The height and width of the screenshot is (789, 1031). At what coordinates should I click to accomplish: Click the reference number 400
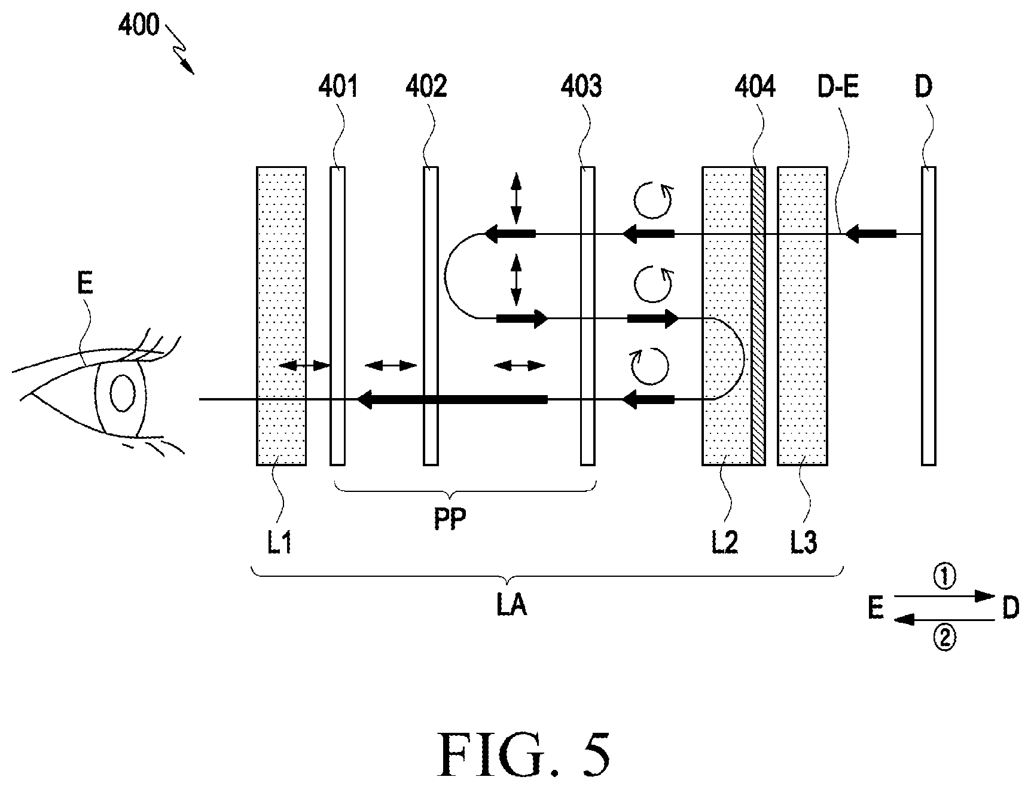pos(138,26)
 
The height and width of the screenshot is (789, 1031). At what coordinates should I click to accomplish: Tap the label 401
pos(338,87)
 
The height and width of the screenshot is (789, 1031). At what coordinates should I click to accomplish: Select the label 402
pos(426,87)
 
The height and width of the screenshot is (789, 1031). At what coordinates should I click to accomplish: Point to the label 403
pos(581,87)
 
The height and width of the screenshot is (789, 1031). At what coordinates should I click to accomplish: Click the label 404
pos(755,87)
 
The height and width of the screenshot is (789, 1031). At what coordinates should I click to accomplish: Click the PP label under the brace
pos(450,519)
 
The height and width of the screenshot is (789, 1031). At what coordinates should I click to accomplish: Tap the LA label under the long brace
pos(511,606)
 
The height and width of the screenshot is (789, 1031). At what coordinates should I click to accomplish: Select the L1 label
pos(279,544)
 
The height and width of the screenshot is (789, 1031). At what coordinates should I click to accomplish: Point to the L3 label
pos(803,544)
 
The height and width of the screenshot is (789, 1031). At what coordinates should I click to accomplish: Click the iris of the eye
pos(123,393)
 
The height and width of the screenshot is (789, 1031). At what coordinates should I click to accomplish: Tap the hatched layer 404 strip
pos(758,316)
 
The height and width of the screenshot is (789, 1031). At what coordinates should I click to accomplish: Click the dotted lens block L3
pos(803,316)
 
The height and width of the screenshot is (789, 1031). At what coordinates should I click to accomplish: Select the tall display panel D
pos(928,316)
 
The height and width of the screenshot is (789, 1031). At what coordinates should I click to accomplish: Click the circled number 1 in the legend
pos(944,577)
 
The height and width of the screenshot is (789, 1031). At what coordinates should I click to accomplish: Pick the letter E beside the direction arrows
pos(876,608)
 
